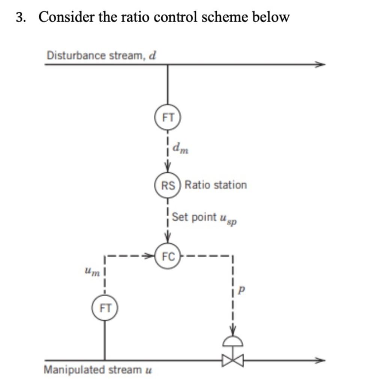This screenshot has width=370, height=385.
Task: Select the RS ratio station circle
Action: [x=168, y=185]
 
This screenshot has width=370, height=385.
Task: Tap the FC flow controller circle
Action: [x=168, y=257]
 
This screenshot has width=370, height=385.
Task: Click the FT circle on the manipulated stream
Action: [x=105, y=309]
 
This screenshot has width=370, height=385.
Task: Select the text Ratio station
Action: [x=216, y=185]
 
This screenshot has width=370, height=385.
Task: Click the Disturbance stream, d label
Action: [x=101, y=56]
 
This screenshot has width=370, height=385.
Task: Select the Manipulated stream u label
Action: [x=98, y=370]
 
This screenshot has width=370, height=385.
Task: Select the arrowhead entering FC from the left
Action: [x=151, y=257]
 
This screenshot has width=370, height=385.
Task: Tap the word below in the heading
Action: [x=271, y=17]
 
